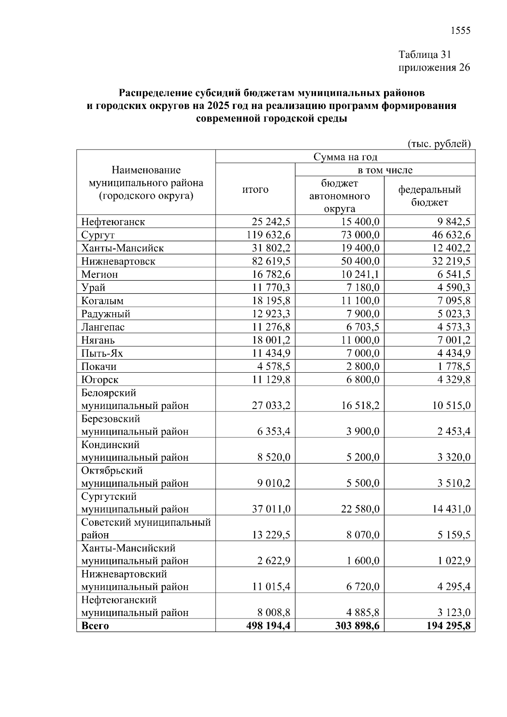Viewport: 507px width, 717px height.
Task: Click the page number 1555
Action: pyautogui.click(x=461, y=30)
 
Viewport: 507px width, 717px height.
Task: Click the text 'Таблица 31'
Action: pyautogui.click(x=425, y=55)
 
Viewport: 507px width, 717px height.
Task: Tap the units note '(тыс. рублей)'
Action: pyautogui.click(x=439, y=144)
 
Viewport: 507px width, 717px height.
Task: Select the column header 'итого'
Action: pyautogui.click(x=255, y=189)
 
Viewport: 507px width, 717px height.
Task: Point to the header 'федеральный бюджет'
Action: pyautogui.click(x=429, y=196)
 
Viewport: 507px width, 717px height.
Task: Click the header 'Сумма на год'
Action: pyautogui.click(x=345, y=157)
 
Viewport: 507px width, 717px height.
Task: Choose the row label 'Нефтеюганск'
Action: pyautogui.click(x=113, y=222)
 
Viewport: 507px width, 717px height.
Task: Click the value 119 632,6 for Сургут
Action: pyautogui.click(x=269, y=235)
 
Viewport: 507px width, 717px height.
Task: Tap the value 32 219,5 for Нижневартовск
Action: pyautogui.click(x=451, y=261)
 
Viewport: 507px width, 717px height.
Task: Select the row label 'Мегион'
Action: pyautogui.click(x=100, y=275)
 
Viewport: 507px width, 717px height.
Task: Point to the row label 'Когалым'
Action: pyautogui.click(x=103, y=301)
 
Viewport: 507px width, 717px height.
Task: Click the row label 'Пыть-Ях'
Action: pyautogui.click(x=102, y=353)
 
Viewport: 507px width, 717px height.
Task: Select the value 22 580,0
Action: pyautogui.click(x=360, y=509)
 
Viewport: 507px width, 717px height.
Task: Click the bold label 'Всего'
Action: pyautogui.click(x=95, y=626)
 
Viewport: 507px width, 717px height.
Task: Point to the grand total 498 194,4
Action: pyautogui.click(x=268, y=626)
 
